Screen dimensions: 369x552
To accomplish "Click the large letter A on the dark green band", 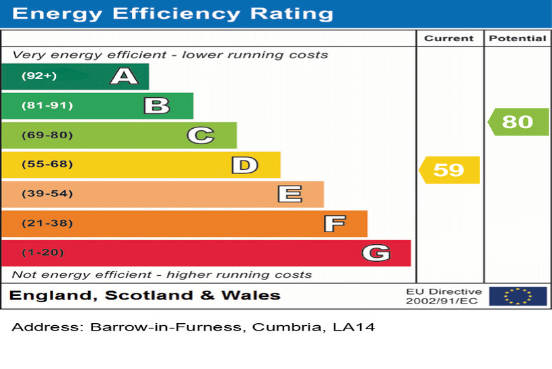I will [x=124, y=76].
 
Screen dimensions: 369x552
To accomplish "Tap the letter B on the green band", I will [x=156, y=106].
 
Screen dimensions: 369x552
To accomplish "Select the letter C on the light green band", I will [x=200, y=136].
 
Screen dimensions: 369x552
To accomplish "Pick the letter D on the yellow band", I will [x=244, y=165].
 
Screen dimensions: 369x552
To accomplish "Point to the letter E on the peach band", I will [x=289, y=194].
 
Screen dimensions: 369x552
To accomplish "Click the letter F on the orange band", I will [x=334, y=223].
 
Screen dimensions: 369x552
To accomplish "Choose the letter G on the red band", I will [x=376, y=253].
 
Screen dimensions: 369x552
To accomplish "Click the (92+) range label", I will [x=39, y=76].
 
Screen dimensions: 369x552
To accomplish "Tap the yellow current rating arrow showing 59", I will [x=449, y=170].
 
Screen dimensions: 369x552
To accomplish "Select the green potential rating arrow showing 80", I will [x=518, y=121].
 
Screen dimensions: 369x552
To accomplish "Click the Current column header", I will [x=449, y=38].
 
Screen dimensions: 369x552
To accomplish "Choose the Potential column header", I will [x=517, y=38].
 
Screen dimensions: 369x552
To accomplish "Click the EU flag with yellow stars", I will [x=518, y=295].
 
